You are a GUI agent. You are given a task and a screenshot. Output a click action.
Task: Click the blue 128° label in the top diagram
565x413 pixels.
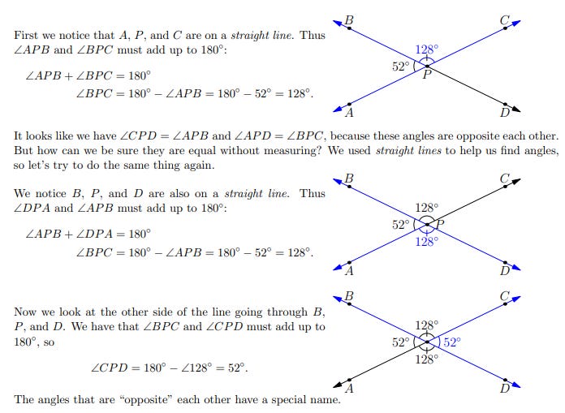[426, 50]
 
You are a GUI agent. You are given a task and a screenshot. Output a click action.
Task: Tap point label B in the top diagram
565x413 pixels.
[349, 19]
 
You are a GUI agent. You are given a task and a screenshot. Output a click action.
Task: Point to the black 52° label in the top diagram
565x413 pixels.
[402, 67]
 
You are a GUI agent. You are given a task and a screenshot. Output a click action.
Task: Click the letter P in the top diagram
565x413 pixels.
[425, 75]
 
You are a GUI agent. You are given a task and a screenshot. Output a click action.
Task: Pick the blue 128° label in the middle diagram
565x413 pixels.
[426, 241]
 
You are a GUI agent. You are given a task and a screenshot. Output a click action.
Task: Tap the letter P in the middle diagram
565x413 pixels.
[440, 224]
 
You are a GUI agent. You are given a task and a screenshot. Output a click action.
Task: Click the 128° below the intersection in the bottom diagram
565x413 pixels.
[426, 359]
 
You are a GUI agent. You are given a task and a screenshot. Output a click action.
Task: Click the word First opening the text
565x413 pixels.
[27, 37]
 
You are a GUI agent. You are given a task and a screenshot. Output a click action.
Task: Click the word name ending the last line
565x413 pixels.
[330, 400]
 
